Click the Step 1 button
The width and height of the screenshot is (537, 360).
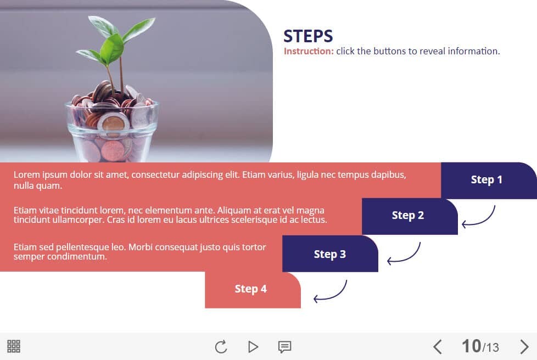[489, 181]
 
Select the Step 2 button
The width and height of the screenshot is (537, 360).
[410, 216]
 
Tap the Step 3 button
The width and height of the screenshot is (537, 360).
[330, 254]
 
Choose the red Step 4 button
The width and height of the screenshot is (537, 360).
[253, 290]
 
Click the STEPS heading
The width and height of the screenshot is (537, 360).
[308, 36]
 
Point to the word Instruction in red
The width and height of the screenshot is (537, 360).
[309, 52]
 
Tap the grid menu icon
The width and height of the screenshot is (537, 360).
[14, 346]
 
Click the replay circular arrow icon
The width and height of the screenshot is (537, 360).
[221, 347]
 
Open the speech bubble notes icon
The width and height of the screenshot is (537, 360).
[284, 347]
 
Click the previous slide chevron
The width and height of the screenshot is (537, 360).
[437, 347]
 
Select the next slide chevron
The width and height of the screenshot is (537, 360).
[524, 347]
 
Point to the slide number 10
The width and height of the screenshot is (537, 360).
[471, 346]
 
